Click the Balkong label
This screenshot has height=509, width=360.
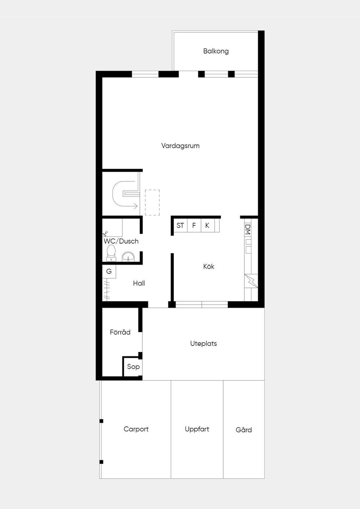(216, 51)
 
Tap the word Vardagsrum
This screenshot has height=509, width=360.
(180, 146)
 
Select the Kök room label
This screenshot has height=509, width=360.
(208, 266)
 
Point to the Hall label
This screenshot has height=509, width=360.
(139, 283)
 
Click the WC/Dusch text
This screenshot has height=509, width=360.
(121, 241)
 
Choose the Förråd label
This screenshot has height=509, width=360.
(120, 332)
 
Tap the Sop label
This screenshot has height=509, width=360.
(133, 367)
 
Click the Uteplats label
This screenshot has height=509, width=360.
(204, 343)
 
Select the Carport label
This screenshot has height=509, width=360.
(136, 429)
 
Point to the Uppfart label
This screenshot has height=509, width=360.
(197, 429)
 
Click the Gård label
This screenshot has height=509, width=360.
(244, 430)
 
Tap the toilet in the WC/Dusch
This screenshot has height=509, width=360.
(111, 253)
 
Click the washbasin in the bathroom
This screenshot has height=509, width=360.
(128, 257)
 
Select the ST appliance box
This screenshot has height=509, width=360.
(180, 225)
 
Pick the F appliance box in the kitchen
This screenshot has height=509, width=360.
(194, 225)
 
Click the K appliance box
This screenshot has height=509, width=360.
(207, 225)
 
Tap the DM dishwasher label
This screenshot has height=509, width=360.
(248, 230)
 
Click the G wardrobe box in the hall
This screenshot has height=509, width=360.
(109, 271)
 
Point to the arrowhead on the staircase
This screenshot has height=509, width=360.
(135, 206)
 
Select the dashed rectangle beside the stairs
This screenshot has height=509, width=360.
(152, 202)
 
